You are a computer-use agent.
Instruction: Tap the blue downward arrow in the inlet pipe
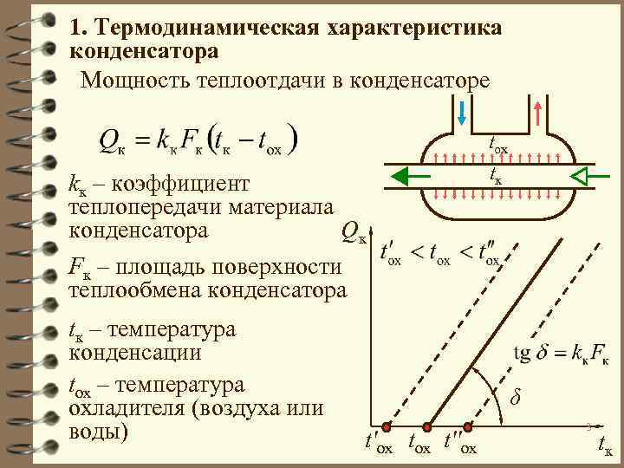click(x=461, y=111)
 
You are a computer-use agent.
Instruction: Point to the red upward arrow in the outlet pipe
click(x=538, y=111)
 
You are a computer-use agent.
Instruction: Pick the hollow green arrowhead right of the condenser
click(x=582, y=177)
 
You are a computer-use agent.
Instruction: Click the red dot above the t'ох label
click(x=387, y=426)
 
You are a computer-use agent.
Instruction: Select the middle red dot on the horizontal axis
click(x=426, y=426)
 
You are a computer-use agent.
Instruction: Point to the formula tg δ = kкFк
click(x=561, y=354)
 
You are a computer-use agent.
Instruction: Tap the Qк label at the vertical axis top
click(x=354, y=231)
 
